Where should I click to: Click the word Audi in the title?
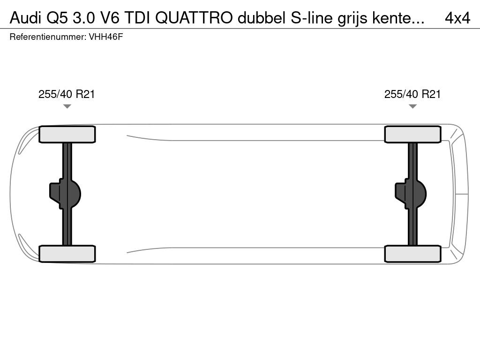click(x=25, y=18)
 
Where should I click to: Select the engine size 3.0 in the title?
click(x=83, y=18)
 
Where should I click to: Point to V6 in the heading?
click(x=109, y=18)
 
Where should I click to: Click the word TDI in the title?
click(x=137, y=18)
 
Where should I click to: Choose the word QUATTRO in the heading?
click(x=194, y=18)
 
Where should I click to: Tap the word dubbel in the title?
click(x=262, y=18)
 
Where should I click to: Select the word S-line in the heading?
click(x=311, y=18)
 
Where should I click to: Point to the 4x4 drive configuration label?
click(x=457, y=18)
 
